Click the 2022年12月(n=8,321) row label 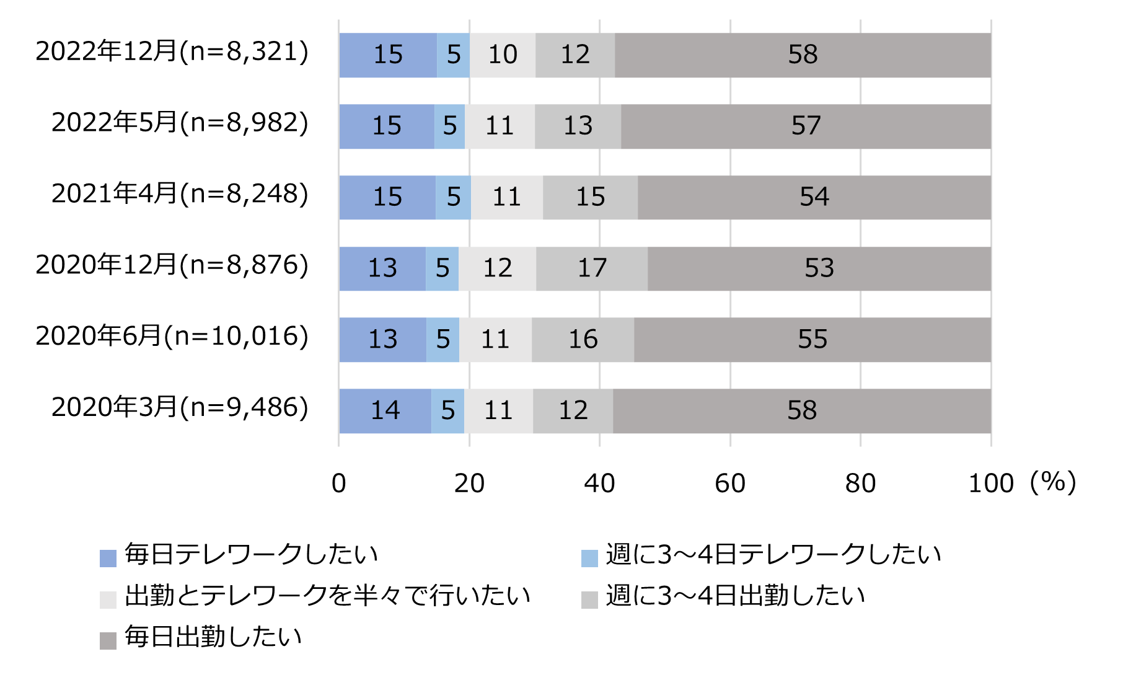(x=172, y=51)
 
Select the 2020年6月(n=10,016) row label (x=172, y=336)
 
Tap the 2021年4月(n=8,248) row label (x=180, y=194)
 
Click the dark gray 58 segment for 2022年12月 (x=803, y=55)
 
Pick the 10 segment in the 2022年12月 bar (x=503, y=55)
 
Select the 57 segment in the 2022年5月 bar (x=806, y=126)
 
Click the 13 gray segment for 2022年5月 (x=578, y=126)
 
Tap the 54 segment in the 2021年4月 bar (x=814, y=198)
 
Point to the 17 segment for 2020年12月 (x=592, y=268)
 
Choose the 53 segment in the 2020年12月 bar (x=819, y=268)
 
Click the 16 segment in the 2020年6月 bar (x=583, y=340)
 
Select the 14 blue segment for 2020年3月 (x=385, y=411)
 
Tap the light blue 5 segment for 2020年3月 (x=447, y=411)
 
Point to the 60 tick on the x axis (x=730, y=484)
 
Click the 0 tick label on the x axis (x=338, y=484)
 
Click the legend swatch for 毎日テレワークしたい (x=108, y=558)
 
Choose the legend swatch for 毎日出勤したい (x=108, y=640)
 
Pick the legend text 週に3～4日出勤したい (x=735, y=596)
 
